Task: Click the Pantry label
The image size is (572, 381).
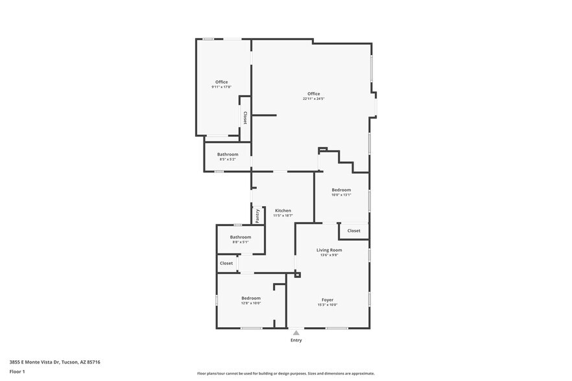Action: (x=257, y=216)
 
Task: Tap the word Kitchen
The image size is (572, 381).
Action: (x=283, y=211)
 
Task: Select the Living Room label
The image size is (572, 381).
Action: (x=329, y=249)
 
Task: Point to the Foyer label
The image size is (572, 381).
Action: (x=328, y=299)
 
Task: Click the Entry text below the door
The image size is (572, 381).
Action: (x=296, y=340)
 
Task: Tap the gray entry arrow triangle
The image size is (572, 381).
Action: (x=296, y=332)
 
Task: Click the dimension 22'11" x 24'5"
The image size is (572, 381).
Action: (x=313, y=99)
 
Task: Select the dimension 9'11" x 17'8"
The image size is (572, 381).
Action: (x=221, y=87)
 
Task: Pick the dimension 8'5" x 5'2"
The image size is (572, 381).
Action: (x=228, y=159)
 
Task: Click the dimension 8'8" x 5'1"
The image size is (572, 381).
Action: (x=240, y=242)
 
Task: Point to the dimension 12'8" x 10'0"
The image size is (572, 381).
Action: (x=250, y=303)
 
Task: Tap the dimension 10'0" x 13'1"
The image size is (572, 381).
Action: (x=341, y=195)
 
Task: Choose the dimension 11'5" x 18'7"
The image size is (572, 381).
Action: (x=283, y=216)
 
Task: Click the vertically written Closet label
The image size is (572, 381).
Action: (x=244, y=118)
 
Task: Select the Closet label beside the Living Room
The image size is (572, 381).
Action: (x=353, y=231)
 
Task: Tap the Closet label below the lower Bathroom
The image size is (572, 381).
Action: (x=226, y=263)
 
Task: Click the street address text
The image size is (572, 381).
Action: (x=54, y=362)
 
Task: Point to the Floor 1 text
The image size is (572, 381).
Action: (x=17, y=371)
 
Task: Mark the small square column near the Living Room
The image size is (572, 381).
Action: (x=298, y=275)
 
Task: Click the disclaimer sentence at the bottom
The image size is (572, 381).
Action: (x=285, y=374)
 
